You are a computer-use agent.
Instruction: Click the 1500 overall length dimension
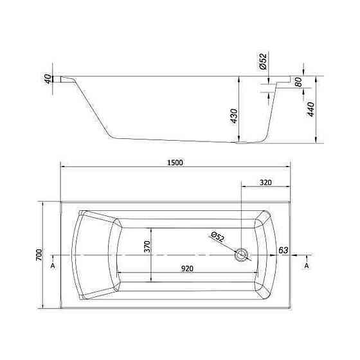pos(175,163)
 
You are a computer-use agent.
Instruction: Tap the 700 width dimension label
pos(39,255)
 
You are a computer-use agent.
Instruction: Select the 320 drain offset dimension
pos(265,183)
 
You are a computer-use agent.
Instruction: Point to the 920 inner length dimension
pos(187,269)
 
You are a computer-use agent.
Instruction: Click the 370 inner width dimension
pos(147,246)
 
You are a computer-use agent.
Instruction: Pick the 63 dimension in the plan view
pos(283,250)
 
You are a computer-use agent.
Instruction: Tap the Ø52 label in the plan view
pos(217,237)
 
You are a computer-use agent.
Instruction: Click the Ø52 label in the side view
pos(263,61)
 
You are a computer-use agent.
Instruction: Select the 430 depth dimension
pos(234,116)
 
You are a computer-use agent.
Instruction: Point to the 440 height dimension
pos(310,109)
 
